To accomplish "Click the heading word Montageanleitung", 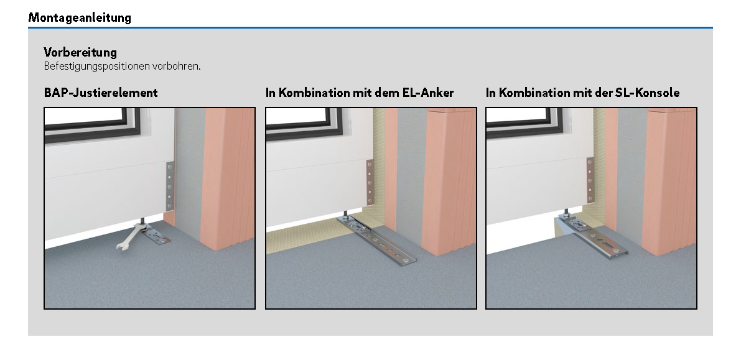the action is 80,18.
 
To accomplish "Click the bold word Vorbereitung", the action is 80,52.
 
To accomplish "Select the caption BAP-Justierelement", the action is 101,93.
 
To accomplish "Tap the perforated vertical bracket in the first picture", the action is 170,186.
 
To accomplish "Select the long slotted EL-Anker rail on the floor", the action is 377,241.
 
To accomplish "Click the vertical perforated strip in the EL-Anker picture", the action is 370,182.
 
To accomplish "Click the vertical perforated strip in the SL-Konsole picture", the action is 590,180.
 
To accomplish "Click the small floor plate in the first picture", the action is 156,235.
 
